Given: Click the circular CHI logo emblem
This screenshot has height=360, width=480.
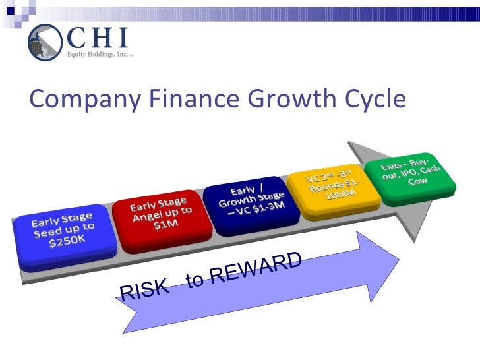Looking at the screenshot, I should tap(44, 42).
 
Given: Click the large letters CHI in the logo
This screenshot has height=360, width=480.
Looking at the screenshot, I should tap(97, 36).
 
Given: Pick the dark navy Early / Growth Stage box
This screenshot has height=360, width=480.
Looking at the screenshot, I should tap(253, 197).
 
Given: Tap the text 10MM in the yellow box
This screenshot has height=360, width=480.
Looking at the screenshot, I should tap(342, 196).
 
